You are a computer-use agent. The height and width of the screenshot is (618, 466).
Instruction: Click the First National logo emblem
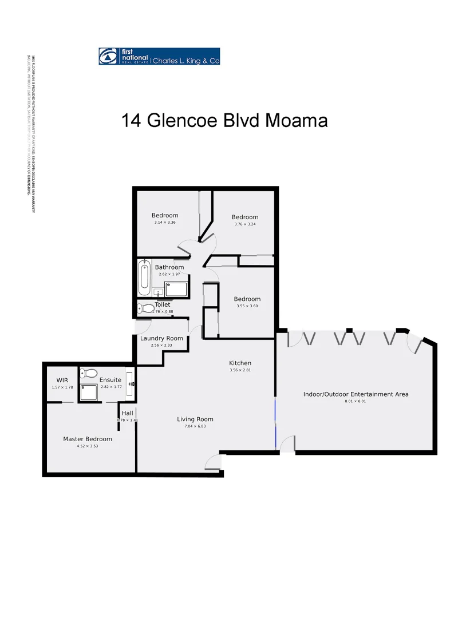(x=107, y=57)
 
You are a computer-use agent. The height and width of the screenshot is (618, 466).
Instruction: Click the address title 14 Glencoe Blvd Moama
(x=224, y=121)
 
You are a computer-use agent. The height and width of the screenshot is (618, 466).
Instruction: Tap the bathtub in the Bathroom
(x=143, y=278)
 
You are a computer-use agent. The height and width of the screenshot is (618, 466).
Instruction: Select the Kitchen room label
(x=240, y=363)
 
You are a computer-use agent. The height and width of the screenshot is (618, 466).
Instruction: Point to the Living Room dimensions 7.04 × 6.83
(x=195, y=426)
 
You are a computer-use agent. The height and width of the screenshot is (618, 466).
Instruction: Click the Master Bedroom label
(x=88, y=439)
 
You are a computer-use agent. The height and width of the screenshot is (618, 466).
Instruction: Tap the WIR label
(x=62, y=380)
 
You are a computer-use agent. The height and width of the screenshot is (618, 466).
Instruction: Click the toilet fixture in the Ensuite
(x=88, y=373)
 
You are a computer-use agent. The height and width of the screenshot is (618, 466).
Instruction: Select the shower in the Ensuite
(x=89, y=393)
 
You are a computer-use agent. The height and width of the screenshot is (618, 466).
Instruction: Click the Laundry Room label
(x=161, y=338)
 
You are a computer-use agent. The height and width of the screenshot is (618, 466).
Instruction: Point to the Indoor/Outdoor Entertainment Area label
(x=356, y=394)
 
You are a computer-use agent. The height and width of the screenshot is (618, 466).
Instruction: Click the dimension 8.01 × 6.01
(x=355, y=402)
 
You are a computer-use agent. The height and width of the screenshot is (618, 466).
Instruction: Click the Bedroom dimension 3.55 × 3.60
(x=247, y=306)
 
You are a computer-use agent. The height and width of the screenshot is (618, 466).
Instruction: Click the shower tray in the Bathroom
(x=176, y=289)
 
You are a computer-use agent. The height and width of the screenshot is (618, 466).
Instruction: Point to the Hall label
(x=127, y=413)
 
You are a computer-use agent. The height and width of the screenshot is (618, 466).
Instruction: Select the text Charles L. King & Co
(x=185, y=60)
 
